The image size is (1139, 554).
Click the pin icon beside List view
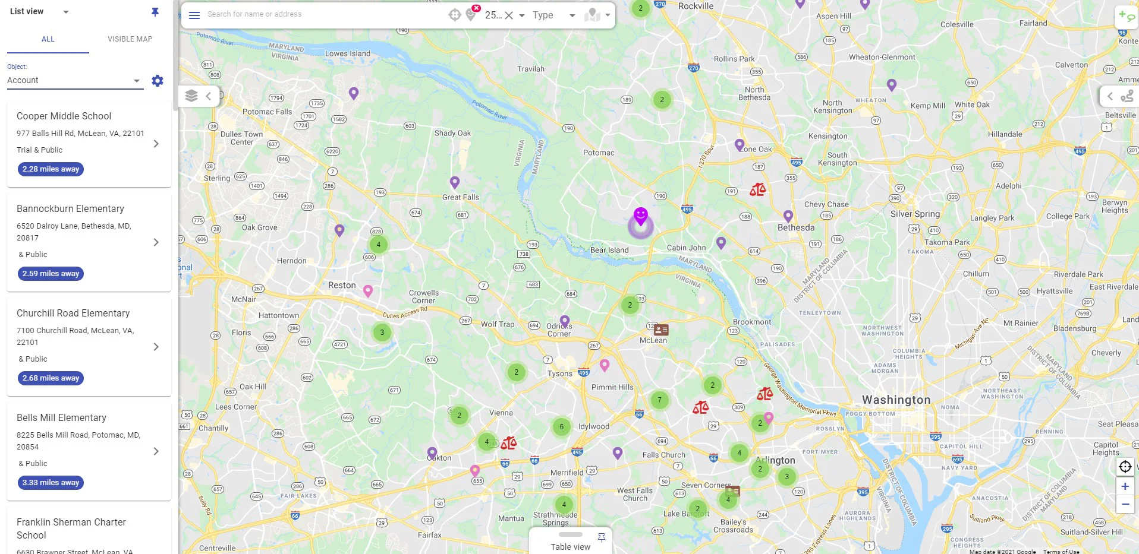(x=155, y=12)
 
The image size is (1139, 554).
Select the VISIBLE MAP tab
(x=130, y=39)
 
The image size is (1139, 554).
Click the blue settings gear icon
(x=158, y=81)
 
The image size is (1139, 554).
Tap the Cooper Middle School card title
(x=64, y=116)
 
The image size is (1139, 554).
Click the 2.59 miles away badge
(x=51, y=274)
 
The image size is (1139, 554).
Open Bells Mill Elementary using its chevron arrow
(x=156, y=451)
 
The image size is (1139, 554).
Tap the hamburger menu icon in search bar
(x=194, y=15)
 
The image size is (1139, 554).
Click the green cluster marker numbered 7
(x=659, y=400)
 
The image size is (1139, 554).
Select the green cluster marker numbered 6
(x=561, y=427)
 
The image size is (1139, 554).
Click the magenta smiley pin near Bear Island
(x=640, y=215)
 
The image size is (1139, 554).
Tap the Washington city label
(x=896, y=400)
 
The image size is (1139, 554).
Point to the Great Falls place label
(x=460, y=198)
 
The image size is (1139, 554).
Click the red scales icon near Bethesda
(x=757, y=190)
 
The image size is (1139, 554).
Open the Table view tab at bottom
(x=570, y=547)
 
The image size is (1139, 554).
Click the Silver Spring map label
(x=915, y=214)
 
